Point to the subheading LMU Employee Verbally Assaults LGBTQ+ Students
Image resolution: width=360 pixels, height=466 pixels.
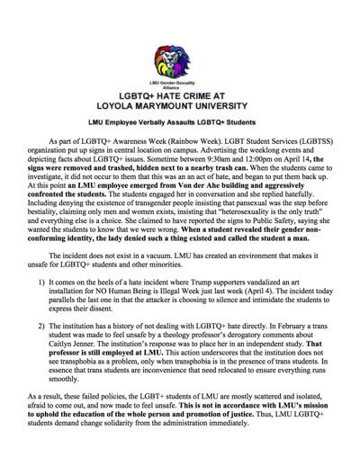181,122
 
